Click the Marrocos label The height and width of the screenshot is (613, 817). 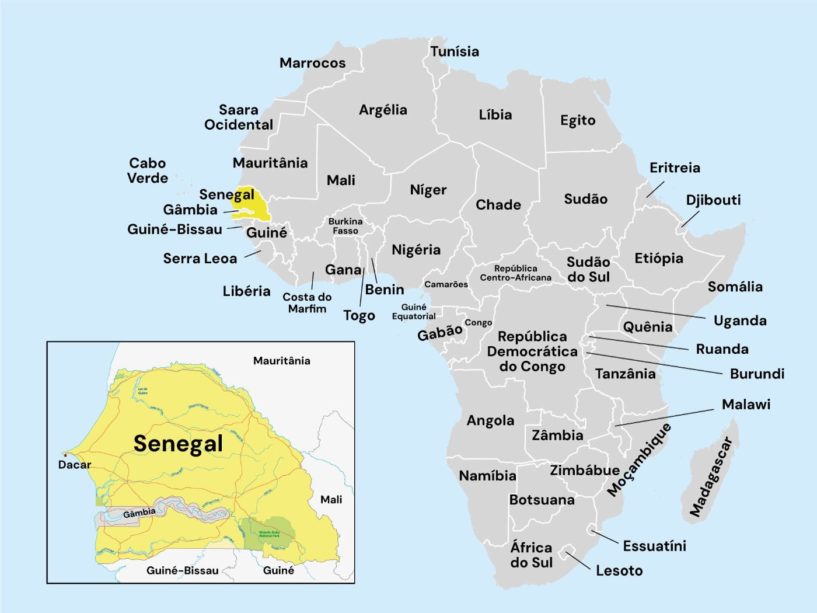tap(312, 63)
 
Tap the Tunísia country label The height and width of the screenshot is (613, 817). tap(455, 51)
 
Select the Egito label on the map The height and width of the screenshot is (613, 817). tap(578, 120)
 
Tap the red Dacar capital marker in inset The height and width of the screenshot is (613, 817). tap(65, 455)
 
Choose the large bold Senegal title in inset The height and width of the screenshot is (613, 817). tap(178, 444)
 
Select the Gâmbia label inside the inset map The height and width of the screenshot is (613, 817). tap(139, 513)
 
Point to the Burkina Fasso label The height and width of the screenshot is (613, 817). tap(345, 226)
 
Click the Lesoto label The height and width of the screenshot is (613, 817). tap(619, 570)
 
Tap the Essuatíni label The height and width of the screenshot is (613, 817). tap(654, 546)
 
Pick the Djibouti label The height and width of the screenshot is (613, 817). tap(713, 200)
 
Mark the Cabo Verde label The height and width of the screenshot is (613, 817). tap(148, 170)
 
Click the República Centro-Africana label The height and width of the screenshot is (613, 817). tap(515, 273)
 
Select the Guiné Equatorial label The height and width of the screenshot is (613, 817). tap(414, 312)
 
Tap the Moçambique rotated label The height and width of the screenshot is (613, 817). tap(639, 460)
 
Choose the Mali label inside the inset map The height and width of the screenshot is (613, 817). tap(331, 500)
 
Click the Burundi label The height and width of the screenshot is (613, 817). tap(757, 374)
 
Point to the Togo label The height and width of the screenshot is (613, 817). tap(359, 316)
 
